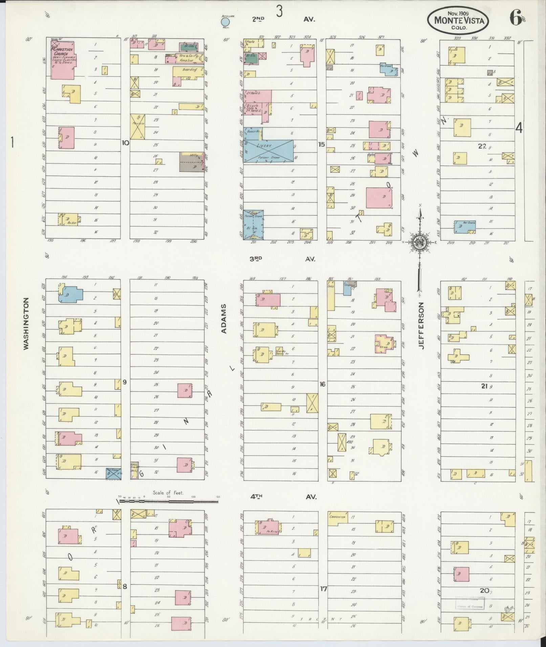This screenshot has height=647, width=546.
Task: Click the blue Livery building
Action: [x=268, y=151]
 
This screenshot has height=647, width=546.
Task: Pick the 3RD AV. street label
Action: [x=282, y=259]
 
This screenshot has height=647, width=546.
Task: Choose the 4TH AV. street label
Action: [x=283, y=497]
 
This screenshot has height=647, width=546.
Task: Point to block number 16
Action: [x=322, y=384]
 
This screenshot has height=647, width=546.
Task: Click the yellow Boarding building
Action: [x=188, y=71]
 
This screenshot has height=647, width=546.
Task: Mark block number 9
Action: [x=125, y=382]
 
